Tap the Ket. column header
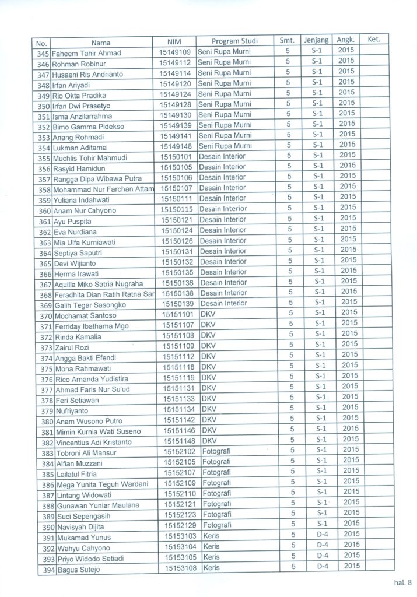[374, 40]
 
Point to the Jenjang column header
[316, 40]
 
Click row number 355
[44, 158]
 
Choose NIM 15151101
[177, 315]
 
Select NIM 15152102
[179, 452]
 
